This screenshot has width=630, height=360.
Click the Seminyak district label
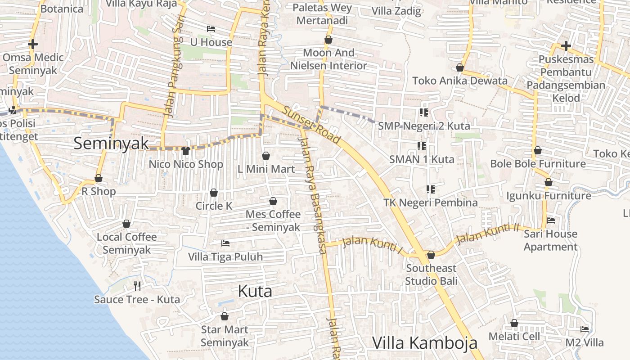point(111,144)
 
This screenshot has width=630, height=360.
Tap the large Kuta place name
point(255,292)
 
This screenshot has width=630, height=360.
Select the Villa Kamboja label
point(424,343)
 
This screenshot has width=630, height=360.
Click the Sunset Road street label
point(311,122)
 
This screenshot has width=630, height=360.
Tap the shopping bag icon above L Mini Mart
point(266,156)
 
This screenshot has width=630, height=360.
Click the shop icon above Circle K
point(214,193)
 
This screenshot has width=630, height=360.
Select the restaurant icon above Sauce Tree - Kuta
point(137,286)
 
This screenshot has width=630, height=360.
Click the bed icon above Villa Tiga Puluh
point(225,243)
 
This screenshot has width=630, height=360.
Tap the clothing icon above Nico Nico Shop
point(186,151)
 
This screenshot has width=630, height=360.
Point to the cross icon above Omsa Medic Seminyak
point(33,44)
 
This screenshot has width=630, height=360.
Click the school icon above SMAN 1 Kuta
point(422,146)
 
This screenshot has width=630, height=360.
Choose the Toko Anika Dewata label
point(460,81)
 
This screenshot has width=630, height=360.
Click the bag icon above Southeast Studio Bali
point(431,255)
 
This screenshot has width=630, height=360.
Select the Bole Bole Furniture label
point(538,163)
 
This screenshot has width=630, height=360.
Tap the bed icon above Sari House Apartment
point(551,220)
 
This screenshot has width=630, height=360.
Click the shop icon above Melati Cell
point(514,323)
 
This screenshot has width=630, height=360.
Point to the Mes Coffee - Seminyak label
point(273,220)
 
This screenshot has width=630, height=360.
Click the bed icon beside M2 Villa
point(585,329)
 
